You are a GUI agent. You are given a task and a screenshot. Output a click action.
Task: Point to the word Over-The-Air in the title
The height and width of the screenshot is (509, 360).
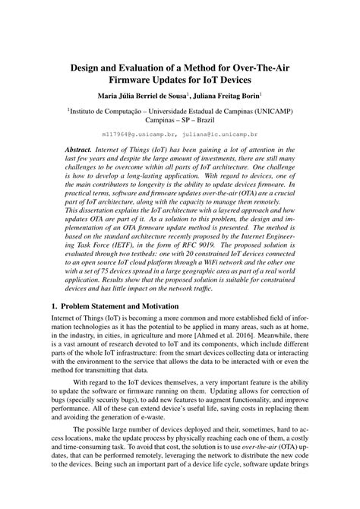click(x=264, y=68)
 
